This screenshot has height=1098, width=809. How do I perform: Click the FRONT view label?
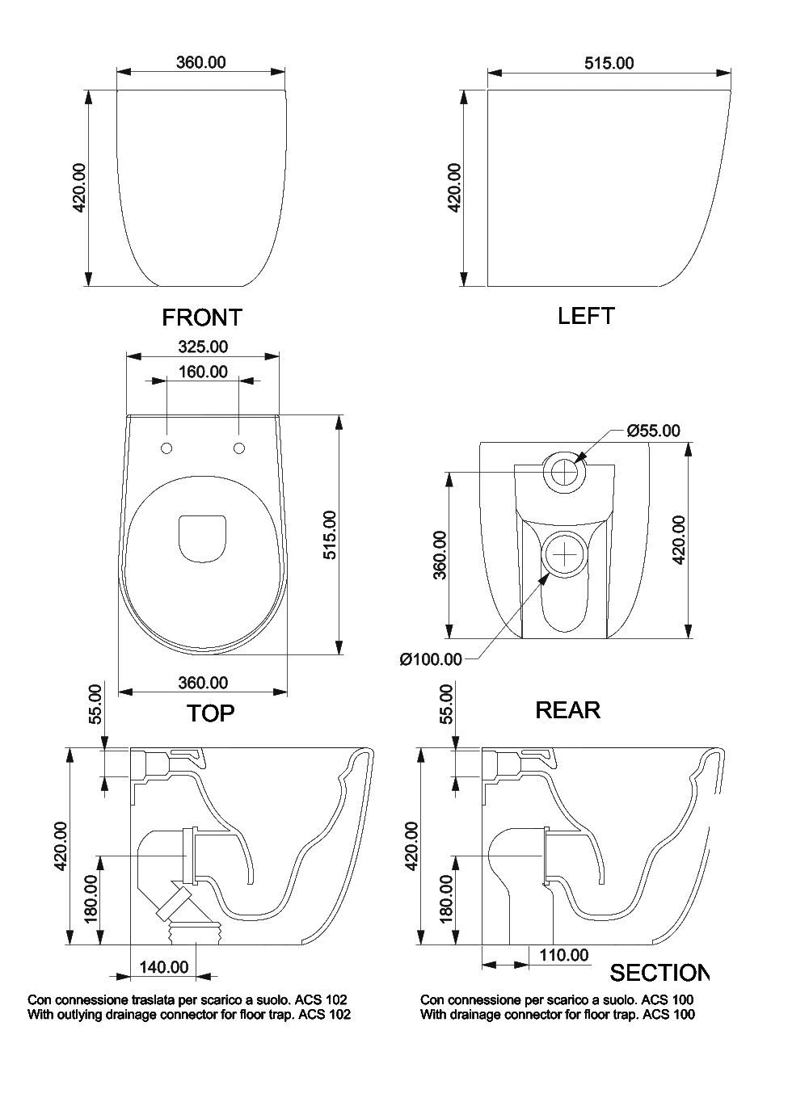coord(202,317)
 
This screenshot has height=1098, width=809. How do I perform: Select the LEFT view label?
coord(586,315)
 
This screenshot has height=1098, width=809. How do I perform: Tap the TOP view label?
coord(211,713)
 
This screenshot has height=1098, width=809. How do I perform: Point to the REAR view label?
coord(567,709)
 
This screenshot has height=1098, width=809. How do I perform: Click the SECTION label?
coord(659,972)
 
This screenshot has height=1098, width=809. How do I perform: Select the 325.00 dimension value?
coord(202,347)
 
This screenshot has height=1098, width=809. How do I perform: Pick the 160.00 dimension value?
coord(202,372)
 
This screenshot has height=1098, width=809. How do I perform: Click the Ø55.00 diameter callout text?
coord(653,430)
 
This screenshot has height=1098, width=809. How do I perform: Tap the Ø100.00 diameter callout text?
coord(431,659)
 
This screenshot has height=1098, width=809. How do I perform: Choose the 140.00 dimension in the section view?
coord(163,967)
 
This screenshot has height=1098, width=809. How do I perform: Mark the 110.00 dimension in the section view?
coord(563,955)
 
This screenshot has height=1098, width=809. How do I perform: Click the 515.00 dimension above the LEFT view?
coord(609,62)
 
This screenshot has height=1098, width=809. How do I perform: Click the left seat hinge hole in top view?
coord(166,448)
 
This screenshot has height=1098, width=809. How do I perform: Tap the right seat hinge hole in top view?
coord(238,448)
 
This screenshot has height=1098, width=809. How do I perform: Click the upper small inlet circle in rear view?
coord(564,470)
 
